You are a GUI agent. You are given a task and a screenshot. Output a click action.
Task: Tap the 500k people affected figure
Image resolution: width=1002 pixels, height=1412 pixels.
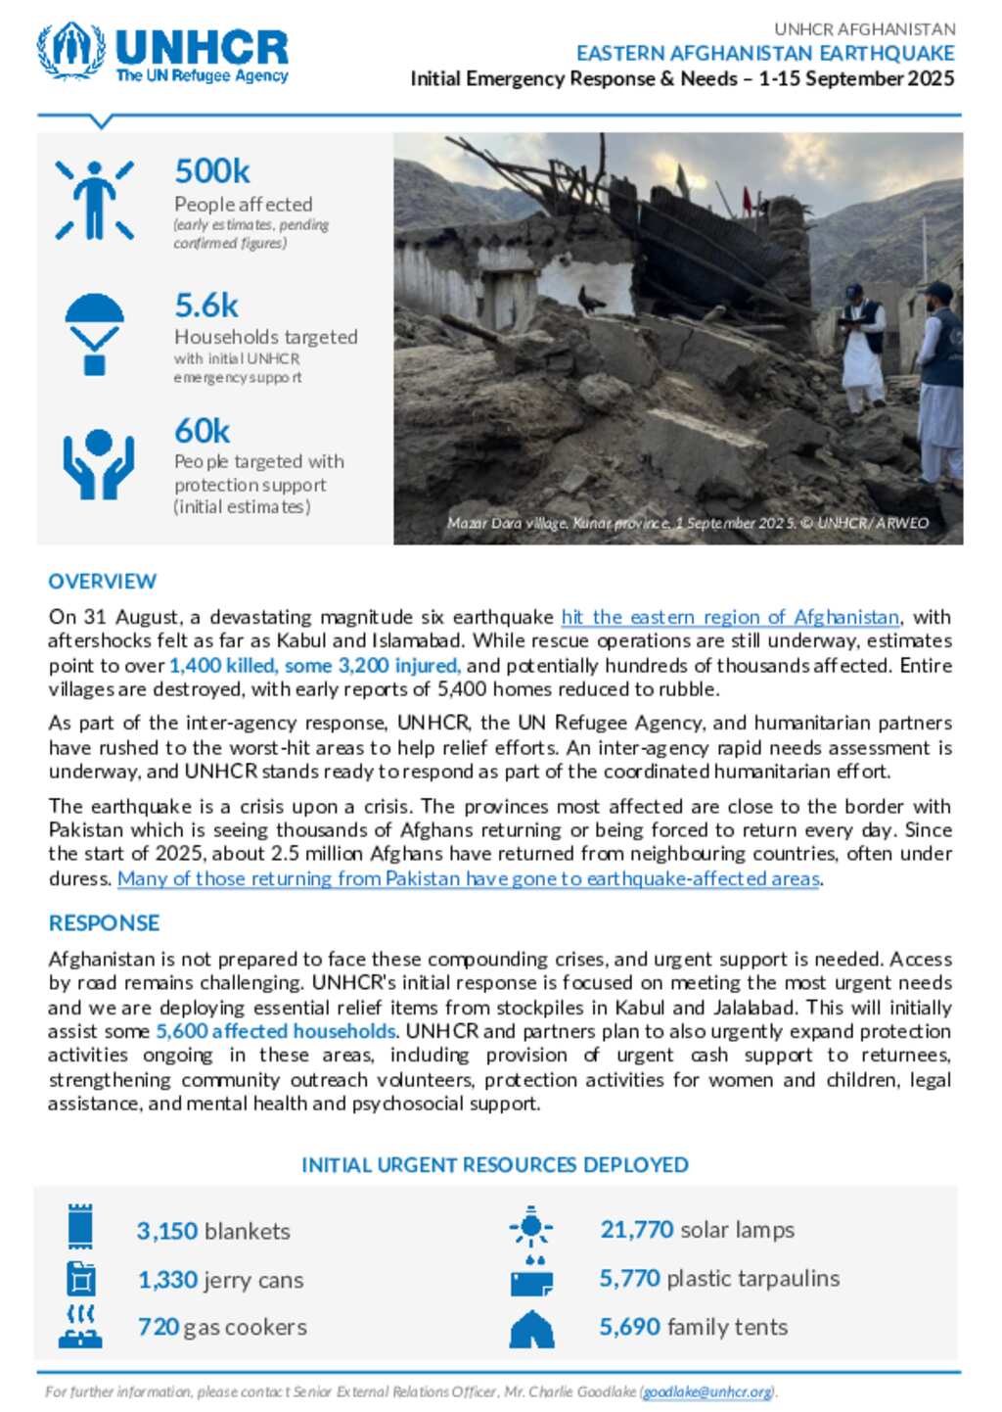point(212,171)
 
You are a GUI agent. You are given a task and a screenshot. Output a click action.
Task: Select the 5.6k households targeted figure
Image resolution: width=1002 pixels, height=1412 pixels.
point(206,306)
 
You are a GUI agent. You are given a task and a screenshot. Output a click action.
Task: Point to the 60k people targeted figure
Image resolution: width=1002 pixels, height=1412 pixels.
point(203,431)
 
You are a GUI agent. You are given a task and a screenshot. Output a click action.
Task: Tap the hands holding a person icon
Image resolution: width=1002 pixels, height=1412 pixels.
point(98,463)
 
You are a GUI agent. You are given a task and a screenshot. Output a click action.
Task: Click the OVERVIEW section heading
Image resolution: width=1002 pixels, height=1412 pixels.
point(102,581)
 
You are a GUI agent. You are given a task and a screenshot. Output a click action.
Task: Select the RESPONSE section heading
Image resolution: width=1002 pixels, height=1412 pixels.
point(104,922)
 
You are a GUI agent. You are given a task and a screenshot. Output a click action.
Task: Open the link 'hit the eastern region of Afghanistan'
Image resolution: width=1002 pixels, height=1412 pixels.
point(730,617)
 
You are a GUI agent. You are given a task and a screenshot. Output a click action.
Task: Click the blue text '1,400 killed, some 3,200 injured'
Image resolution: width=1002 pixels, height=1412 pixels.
point(314,665)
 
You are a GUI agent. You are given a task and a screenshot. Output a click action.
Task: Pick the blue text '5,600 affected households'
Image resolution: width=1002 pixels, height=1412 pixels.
point(276,1030)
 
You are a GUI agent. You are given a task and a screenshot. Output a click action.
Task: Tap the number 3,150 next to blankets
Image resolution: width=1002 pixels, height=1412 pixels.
point(167,1231)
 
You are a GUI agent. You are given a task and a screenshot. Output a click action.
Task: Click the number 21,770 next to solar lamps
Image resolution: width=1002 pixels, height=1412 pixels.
point(637,1229)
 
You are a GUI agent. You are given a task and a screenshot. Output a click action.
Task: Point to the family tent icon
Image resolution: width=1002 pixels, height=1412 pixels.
point(531,1329)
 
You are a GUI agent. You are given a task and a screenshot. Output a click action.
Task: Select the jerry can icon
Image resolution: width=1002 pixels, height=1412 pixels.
point(80,1279)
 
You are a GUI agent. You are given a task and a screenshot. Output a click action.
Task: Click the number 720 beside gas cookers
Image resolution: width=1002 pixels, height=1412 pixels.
point(159,1327)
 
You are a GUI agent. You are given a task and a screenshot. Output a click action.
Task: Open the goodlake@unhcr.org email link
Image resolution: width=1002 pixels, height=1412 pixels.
point(707,1391)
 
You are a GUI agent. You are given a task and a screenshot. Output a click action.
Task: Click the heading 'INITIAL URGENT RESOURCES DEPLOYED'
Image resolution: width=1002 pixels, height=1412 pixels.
point(495,1164)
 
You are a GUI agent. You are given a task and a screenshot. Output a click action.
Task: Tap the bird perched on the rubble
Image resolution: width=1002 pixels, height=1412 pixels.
point(590,299)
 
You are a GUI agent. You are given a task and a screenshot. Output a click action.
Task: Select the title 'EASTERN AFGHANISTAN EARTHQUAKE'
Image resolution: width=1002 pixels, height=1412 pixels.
point(765,53)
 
